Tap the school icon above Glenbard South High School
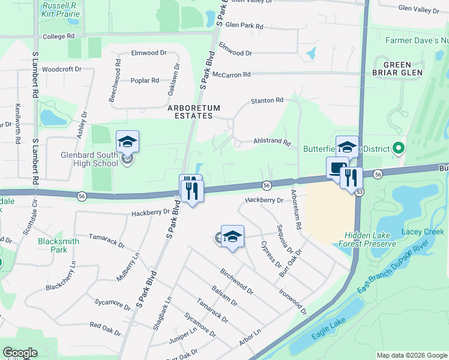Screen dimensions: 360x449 click(127, 142)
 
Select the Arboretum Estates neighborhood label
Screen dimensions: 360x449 click(193, 112)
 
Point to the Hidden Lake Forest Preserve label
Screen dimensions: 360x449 click(367, 240)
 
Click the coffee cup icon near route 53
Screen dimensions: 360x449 click(337, 168)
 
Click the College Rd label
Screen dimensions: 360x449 click(58, 37)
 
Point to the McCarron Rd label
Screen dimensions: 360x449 click(231, 74)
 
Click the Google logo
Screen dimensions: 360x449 click(20, 353)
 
